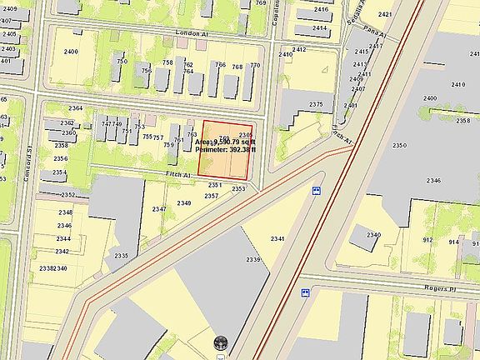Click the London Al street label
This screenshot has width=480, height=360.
[192, 34]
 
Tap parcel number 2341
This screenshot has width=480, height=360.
[277, 239]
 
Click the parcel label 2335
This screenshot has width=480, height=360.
[122, 256]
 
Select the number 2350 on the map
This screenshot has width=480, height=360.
[401, 146]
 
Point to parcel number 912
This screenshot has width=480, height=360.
[428, 240]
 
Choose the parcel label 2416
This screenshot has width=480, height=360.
[321, 9]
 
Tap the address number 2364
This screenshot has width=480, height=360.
[76, 108]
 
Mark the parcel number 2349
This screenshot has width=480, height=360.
[184, 203]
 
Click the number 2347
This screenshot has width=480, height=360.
[158, 209]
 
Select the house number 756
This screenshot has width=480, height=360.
[147, 71]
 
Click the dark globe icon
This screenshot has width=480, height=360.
[222, 342]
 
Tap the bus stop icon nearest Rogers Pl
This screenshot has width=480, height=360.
[306, 292]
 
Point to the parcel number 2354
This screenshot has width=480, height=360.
[60, 172]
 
